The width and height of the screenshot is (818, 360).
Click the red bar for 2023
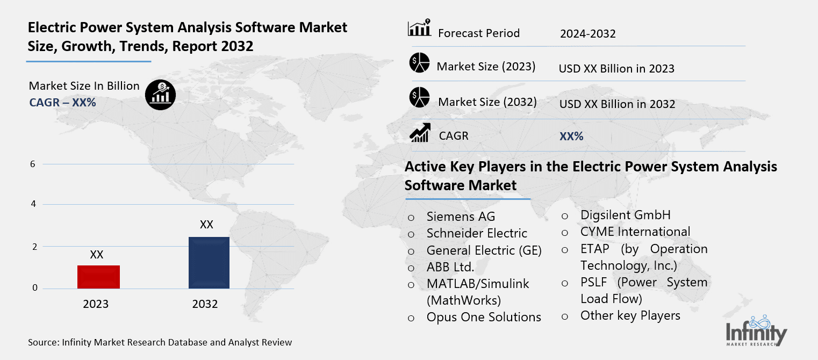pos(98,277)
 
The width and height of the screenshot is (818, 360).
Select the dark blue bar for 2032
pos(209,263)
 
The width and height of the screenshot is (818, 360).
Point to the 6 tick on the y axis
pos(33,164)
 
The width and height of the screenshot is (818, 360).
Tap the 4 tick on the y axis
pos(33,204)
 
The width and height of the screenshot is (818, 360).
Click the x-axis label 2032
pos(205,305)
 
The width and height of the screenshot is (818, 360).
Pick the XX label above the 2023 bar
pos(97,255)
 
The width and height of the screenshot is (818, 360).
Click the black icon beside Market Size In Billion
pos(160,95)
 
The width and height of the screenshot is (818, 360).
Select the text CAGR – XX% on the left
pos(62,102)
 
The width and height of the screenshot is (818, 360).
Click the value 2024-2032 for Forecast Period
pos(587,34)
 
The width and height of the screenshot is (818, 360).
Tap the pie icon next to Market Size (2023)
pos(419,63)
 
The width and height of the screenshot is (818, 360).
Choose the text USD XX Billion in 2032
pos(617,104)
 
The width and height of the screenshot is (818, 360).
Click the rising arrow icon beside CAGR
pos(419,133)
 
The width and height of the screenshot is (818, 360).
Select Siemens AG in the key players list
pos(461,217)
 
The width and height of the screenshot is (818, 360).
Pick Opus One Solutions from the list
pos(484,318)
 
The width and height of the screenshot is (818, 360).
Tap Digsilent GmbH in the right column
pos(625,215)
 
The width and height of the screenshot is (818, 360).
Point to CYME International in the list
pos(635,232)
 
